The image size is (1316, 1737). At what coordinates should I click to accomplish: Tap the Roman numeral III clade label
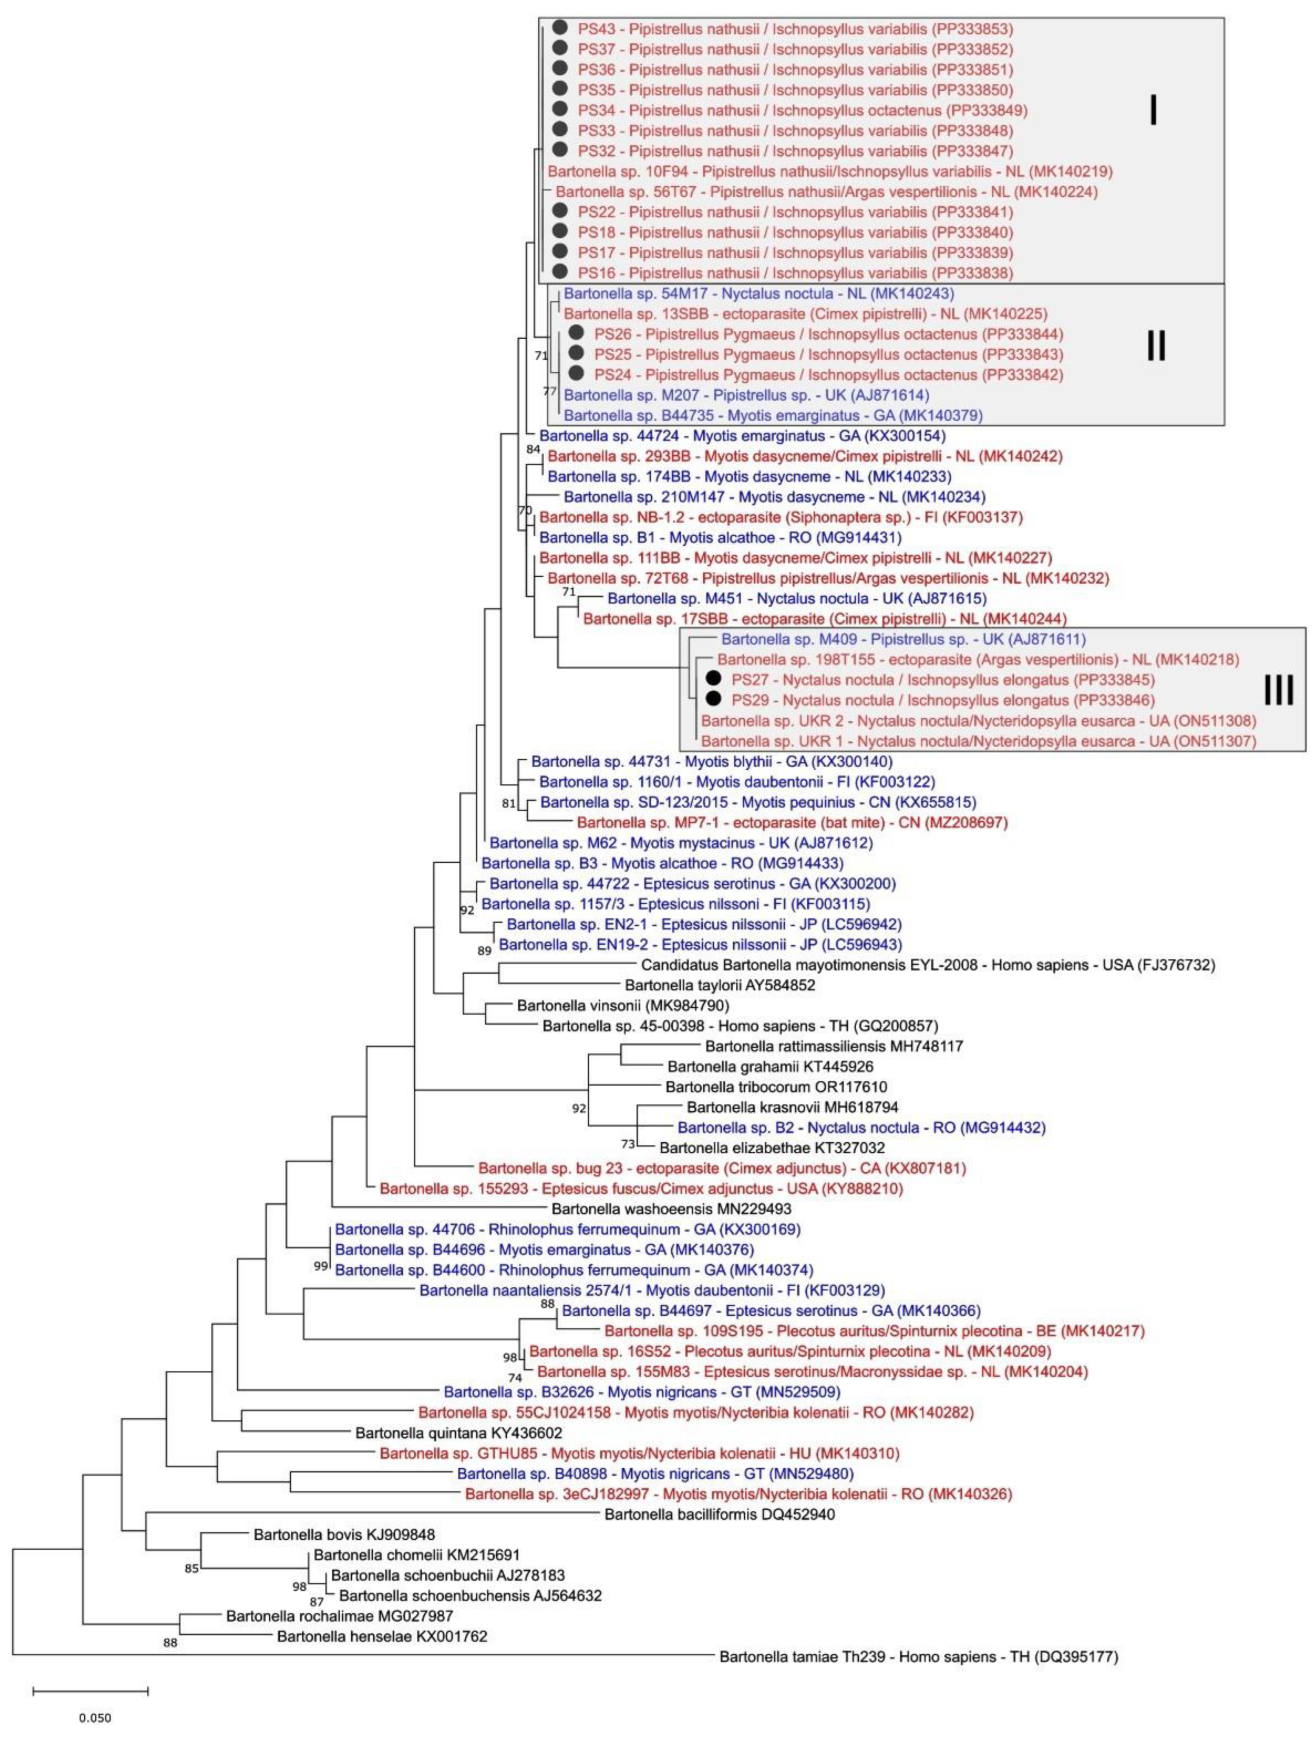point(1278,690)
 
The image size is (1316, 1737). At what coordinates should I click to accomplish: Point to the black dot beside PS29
point(713,699)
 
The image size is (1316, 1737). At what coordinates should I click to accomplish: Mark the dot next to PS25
point(576,354)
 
